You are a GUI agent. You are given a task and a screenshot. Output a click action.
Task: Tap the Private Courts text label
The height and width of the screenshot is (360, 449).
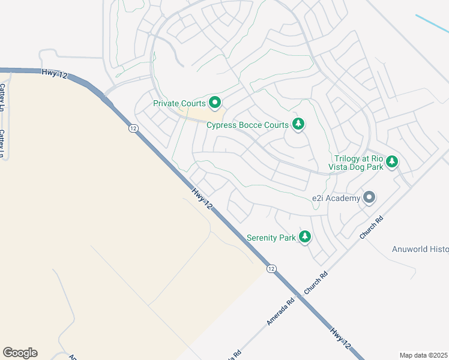click(179, 103)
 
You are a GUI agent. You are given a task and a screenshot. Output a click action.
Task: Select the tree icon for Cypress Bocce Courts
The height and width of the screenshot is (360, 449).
click(298, 125)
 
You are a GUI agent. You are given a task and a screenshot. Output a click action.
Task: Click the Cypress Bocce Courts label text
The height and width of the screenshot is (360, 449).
click(247, 125)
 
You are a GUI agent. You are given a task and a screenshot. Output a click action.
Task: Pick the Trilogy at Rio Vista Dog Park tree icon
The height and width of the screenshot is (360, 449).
click(392, 161)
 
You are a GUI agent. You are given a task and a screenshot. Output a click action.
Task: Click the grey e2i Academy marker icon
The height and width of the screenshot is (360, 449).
click(369, 197)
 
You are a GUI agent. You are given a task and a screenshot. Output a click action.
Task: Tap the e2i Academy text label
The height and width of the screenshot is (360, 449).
click(336, 198)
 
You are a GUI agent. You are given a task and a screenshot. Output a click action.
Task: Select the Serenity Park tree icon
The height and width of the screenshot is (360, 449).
click(305, 237)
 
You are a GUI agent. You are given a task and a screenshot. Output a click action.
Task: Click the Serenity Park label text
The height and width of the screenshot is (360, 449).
click(271, 238)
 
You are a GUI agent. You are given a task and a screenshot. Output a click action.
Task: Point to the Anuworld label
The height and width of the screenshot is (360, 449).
click(420, 249)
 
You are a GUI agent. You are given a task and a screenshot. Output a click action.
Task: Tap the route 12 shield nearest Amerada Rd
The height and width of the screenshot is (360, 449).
click(271, 268)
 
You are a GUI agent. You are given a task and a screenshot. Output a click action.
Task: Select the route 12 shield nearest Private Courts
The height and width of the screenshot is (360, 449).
click(133, 128)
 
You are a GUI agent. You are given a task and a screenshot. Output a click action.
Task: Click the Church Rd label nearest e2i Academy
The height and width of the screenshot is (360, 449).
click(371, 228)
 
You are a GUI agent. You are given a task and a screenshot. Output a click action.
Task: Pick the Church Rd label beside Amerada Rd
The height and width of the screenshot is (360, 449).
click(316, 283)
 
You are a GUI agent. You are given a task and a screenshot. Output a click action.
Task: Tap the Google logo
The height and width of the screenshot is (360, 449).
click(20, 352)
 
